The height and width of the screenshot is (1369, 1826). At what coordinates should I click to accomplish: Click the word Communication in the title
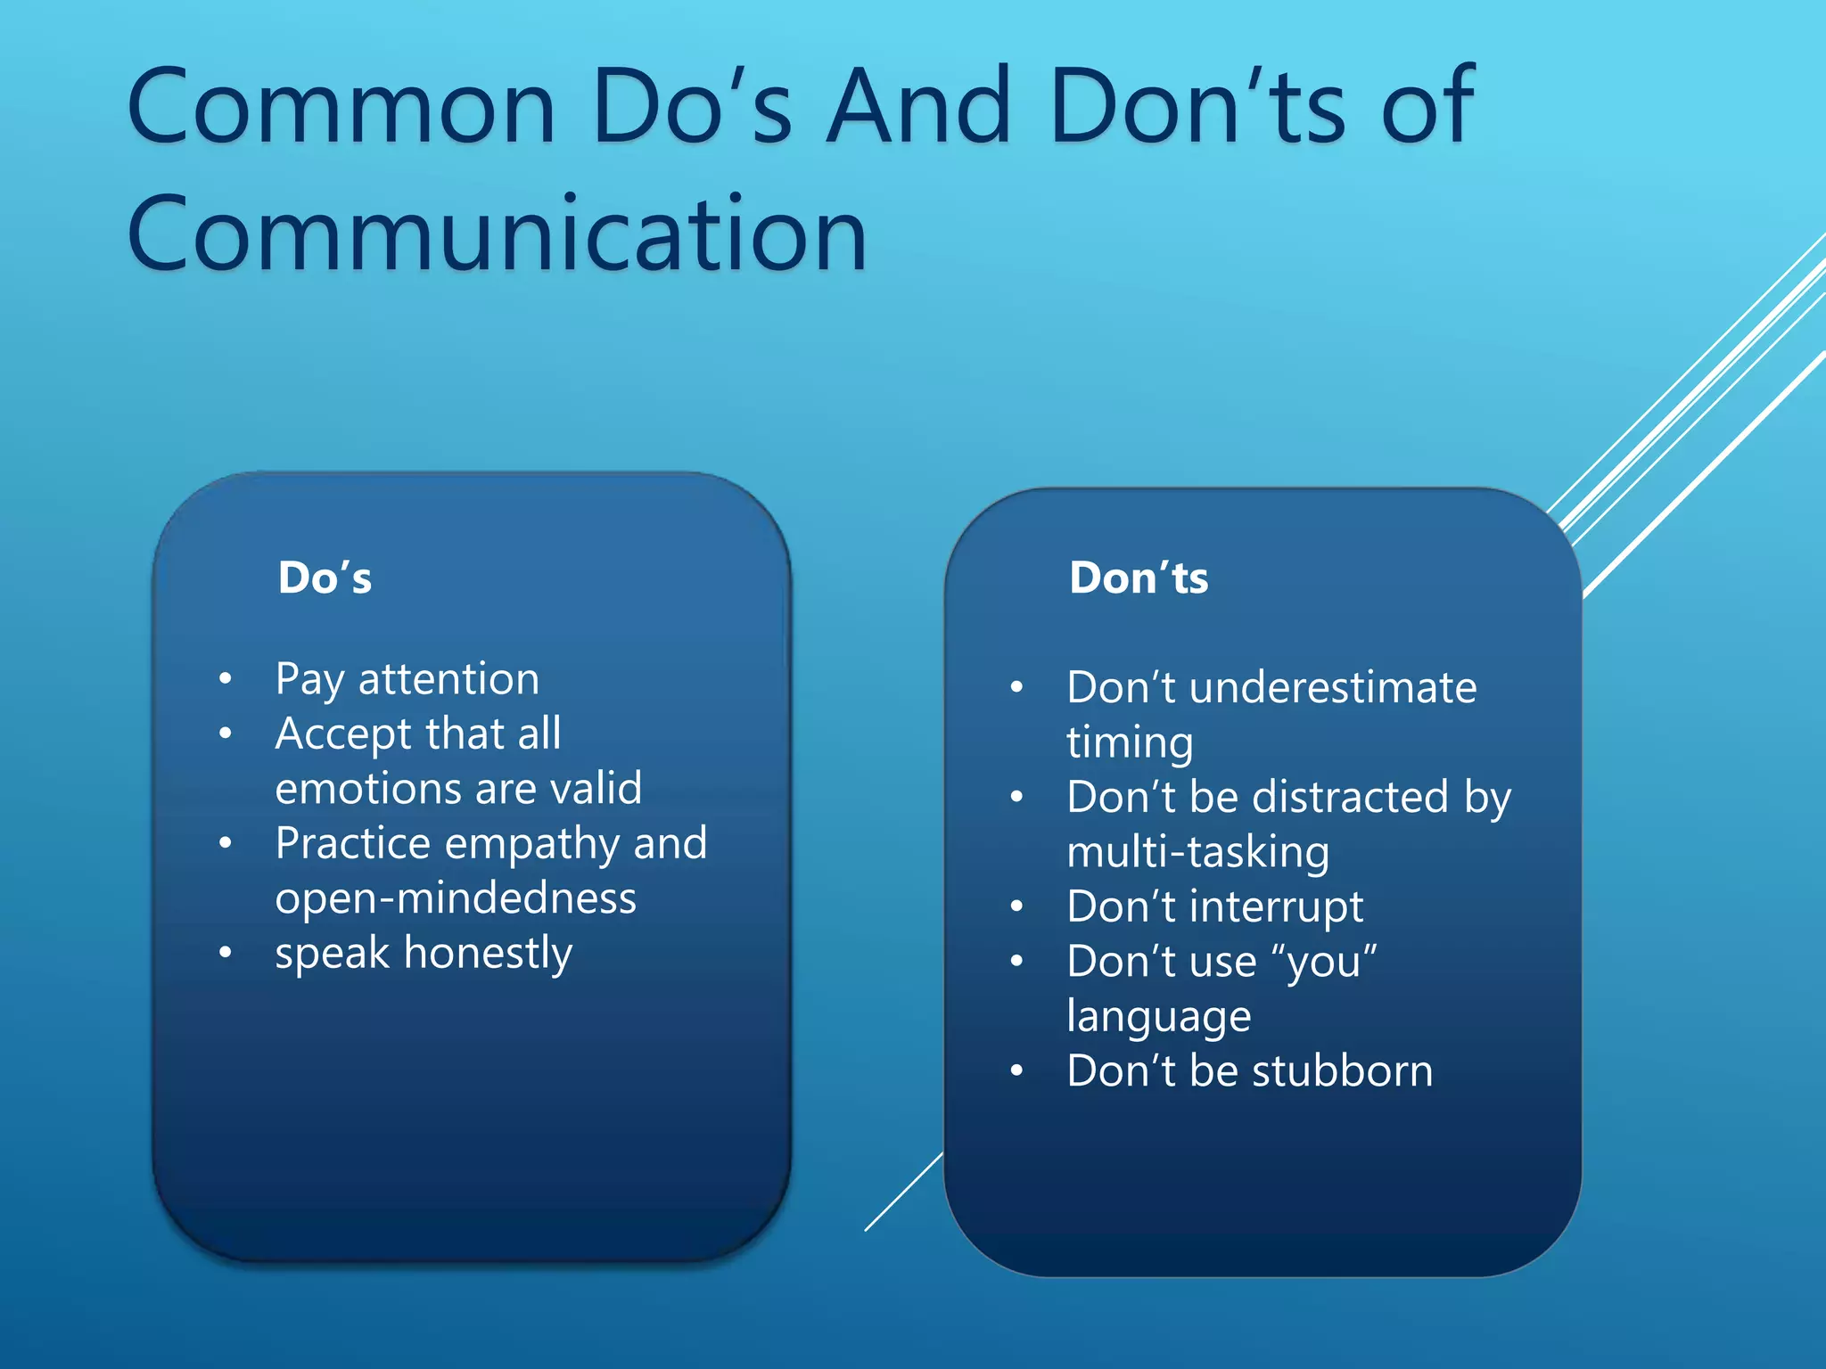coord(497,234)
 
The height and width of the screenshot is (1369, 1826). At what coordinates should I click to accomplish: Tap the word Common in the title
coord(342,107)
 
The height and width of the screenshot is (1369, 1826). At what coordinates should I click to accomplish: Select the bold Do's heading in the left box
coord(325,578)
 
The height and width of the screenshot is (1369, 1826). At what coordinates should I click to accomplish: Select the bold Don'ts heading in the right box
coord(1139,578)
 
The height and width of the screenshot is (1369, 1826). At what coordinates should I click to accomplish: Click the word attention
coord(448,679)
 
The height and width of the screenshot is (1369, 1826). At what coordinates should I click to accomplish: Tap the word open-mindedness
coord(456,898)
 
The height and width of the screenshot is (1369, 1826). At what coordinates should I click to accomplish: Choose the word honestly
coord(488,954)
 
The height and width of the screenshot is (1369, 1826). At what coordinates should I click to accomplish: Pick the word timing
coord(1129,743)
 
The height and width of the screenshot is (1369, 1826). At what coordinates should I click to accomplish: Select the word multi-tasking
coord(1197,852)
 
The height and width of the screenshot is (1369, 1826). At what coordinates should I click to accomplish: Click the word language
coord(1158,1017)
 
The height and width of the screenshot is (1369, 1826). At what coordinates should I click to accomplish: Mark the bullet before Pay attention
coord(226,679)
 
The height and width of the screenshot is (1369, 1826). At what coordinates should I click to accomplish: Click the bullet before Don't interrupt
coord(1016,907)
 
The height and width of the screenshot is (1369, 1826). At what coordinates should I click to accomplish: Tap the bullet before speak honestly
coord(226,954)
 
